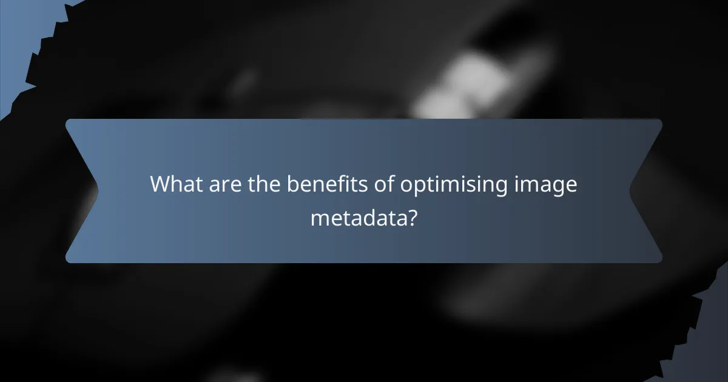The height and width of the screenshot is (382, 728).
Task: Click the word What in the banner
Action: tap(176, 184)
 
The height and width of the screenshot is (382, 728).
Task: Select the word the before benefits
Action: tap(264, 184)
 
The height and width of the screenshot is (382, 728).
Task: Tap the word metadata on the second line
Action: tap(357, 216)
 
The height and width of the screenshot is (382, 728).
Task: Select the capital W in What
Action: tap(161, 184)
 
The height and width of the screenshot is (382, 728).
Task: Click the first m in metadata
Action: tap(319, 218)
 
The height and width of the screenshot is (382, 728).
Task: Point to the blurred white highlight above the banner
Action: tap(467, 85)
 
